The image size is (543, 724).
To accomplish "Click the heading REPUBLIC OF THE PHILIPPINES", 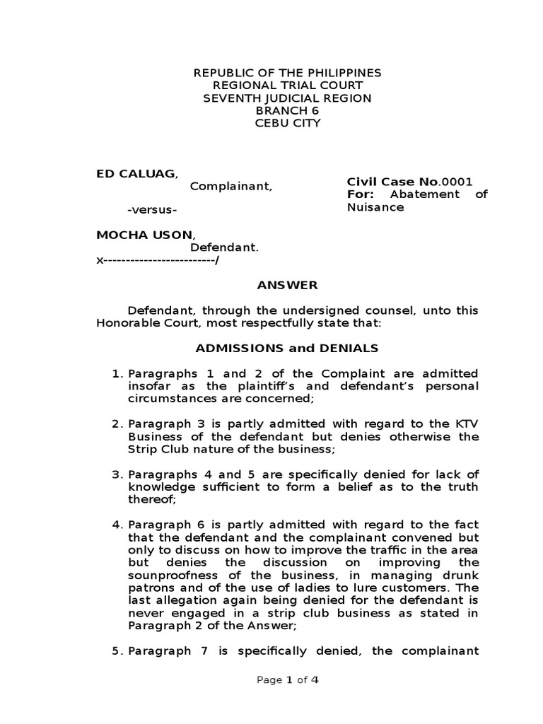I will (x=287, y=73).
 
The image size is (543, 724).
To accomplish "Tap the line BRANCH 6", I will (x=287, y=110).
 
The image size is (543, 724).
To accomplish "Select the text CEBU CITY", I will (x=287, y=123).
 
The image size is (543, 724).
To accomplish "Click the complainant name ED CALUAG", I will (x=137, y=175).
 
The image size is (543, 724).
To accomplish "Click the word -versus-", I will (x=152, y=211).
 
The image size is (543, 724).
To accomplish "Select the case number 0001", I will (x=457, y=182).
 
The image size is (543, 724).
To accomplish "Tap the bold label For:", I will (x=359, y=194).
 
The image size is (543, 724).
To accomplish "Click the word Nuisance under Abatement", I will (x=375, y=207).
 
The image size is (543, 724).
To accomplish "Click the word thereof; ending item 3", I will (x=151, y=499).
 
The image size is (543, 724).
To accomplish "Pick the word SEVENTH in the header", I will (x=228, y=98).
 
